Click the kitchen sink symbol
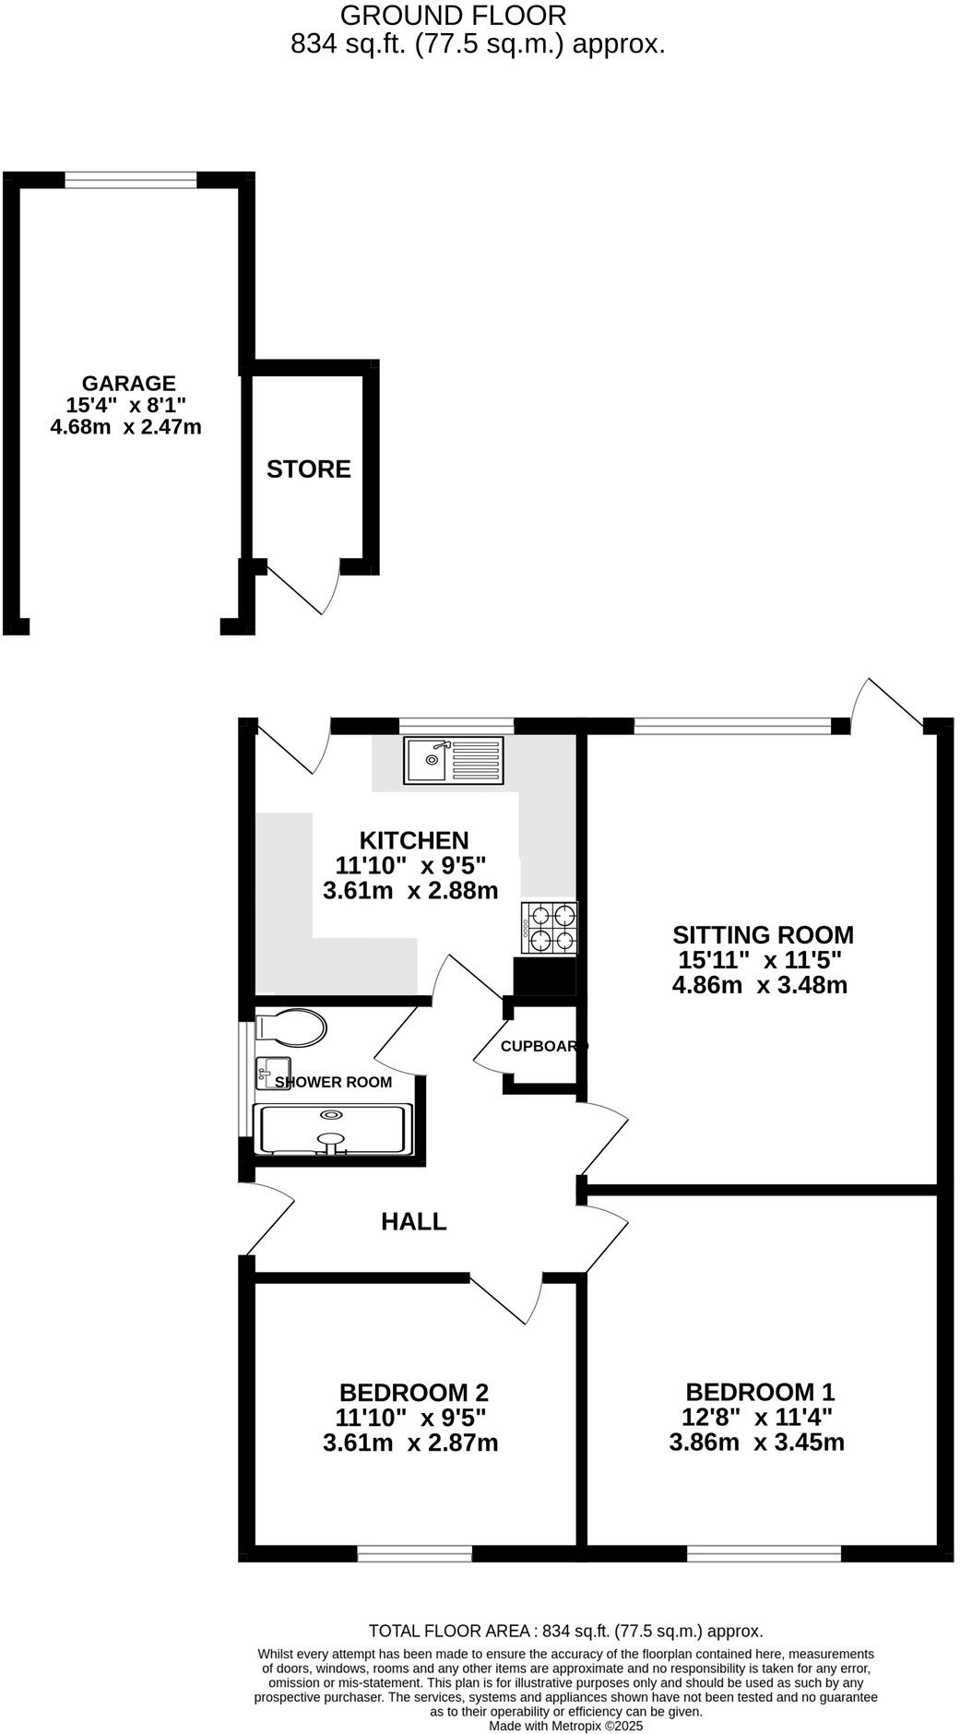click(x=453, y=760)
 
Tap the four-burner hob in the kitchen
click(x=550, y=928)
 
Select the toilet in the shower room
click(x=291, y=1027)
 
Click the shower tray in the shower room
click(x=332, y=1129)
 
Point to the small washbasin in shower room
click(x=273, y=1073)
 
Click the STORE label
click(x=309, y=469)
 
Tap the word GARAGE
click(x=128, y=384)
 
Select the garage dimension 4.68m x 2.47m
click(x=125, y=427)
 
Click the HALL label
click(x=414, y=1222)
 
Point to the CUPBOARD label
click(x=544, y=1046)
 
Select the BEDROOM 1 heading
click(x=760, y=1392)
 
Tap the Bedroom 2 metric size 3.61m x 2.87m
click(x=410, y=1443)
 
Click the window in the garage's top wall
click(x=130, y=181)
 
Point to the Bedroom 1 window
click(x=764, y=1554)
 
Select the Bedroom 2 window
click(x=414, y=1554)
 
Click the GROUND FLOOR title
click(x=453, y=16)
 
